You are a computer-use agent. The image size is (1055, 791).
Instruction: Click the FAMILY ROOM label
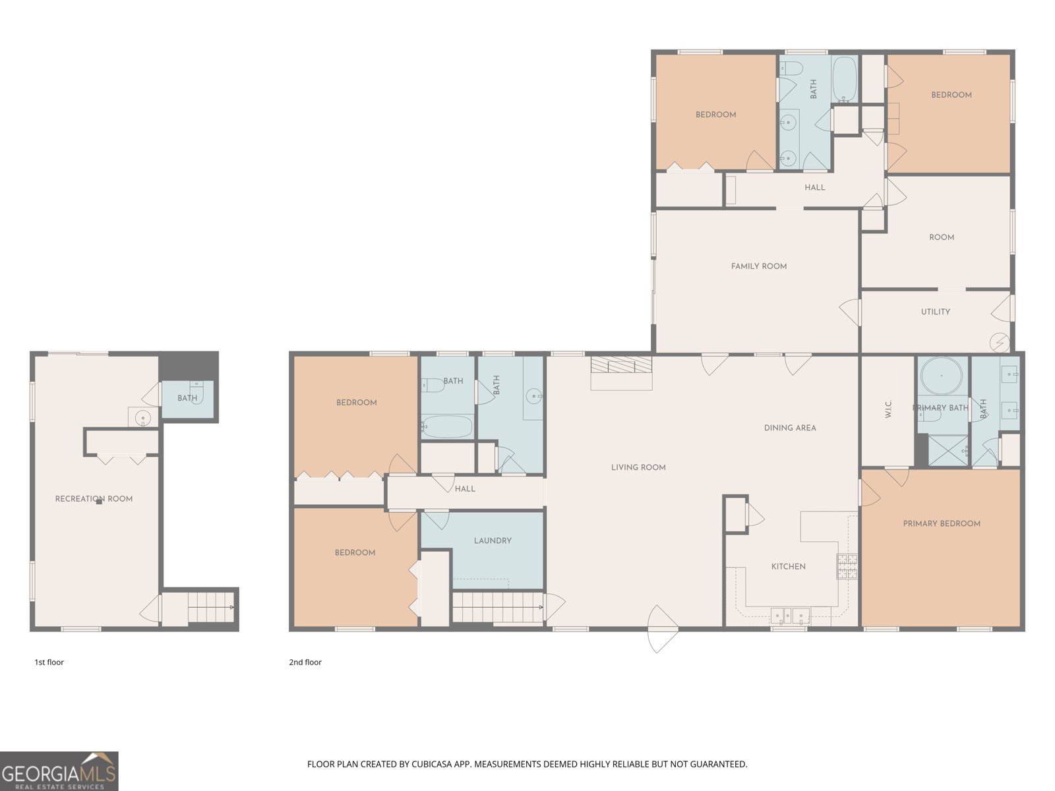point(759,266)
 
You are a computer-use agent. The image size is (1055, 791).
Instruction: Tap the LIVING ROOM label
point(638,467)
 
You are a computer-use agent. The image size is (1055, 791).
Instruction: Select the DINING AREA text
point(790,428)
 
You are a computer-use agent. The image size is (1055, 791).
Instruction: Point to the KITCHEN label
point(788,567)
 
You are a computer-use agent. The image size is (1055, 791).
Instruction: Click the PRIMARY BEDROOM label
point(942,523)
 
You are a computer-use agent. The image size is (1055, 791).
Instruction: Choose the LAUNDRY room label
point(493,541)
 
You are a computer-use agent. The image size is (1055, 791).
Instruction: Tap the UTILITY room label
point(935,312)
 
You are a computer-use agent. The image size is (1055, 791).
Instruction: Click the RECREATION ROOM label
point(94,499)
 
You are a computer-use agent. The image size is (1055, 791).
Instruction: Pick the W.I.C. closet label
point(888,409)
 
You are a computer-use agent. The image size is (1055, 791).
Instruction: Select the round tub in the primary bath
point(941,376)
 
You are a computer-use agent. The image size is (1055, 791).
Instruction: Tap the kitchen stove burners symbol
point(847,566)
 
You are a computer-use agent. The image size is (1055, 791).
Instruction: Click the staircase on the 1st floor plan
point(210,608)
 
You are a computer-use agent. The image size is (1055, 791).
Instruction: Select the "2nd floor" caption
point(305,662)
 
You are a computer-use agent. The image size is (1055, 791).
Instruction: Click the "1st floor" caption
point(49,662)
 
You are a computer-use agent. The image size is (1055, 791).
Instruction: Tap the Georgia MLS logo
point(59,771)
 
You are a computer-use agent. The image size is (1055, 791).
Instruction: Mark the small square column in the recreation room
point(99,502)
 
